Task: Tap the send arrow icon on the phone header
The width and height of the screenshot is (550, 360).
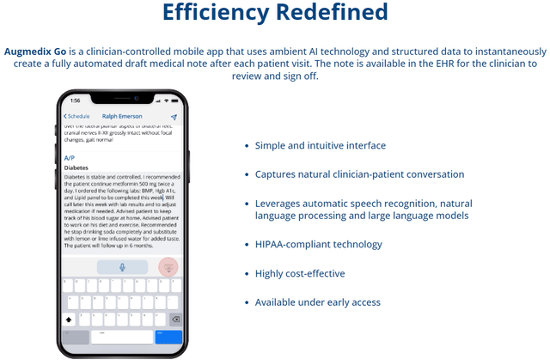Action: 174,116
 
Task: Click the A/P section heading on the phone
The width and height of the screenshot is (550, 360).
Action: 70,158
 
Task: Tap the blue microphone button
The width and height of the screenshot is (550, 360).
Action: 121,266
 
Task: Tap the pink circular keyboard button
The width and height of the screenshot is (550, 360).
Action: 168,267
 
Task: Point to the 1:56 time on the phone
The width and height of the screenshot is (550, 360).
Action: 75,101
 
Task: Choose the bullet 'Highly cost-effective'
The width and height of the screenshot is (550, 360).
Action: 300,273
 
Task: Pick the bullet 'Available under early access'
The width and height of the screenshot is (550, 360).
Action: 317,302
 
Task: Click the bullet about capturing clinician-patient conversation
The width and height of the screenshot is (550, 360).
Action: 359,174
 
